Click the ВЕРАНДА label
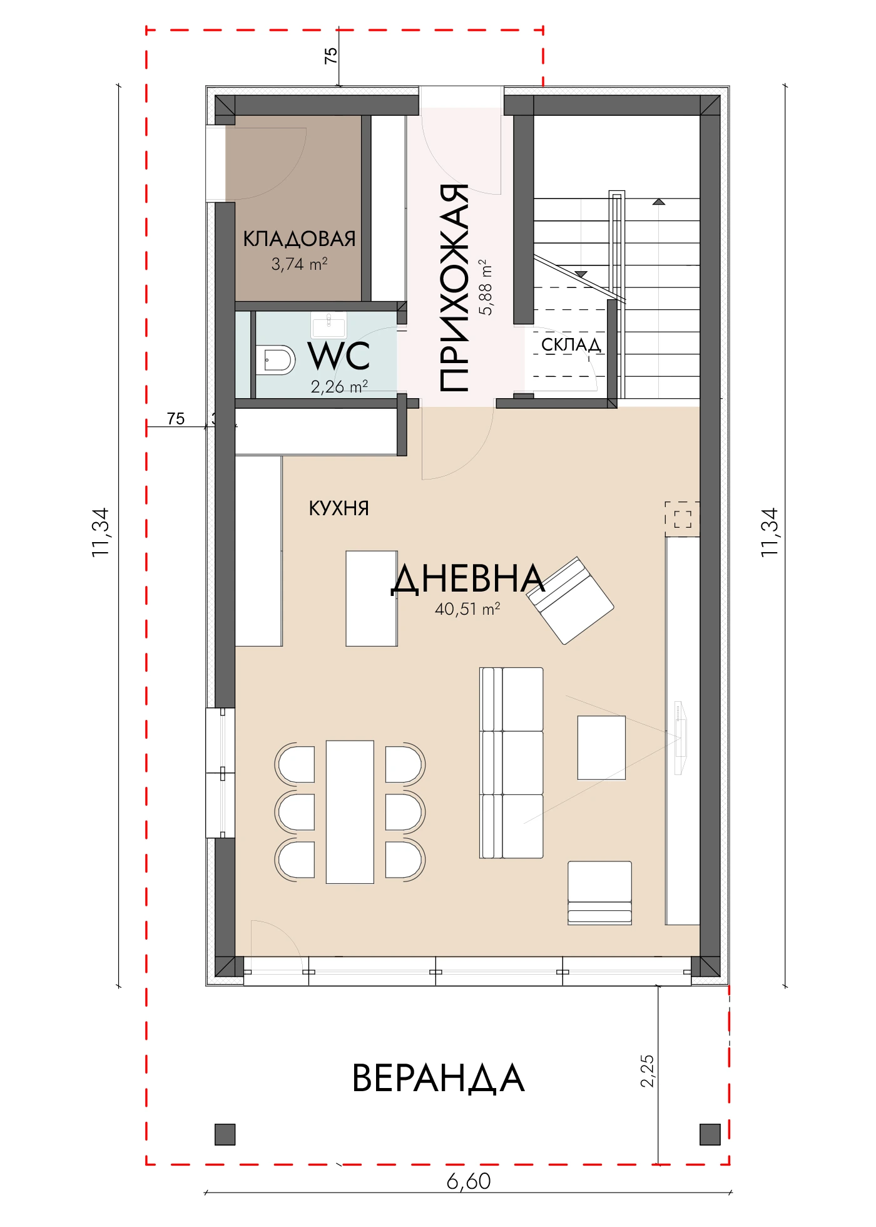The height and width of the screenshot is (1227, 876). pos(438,1078)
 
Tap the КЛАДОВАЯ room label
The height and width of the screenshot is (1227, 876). pos(299,239)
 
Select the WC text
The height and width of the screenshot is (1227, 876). pos(339,356)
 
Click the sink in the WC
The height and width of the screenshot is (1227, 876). pos(328,325)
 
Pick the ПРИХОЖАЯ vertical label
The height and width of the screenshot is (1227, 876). pos(454,288)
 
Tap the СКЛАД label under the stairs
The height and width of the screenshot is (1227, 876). pos(571,344)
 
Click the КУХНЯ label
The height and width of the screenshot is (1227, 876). pos(339,508)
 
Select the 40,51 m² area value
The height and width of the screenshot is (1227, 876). pos(467,608)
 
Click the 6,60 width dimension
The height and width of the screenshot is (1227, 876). pos(469,1181)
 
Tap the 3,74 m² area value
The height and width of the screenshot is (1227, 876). pos(299,264)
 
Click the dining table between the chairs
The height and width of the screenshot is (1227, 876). pos(350,812)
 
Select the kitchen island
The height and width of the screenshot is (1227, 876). pos(372,598)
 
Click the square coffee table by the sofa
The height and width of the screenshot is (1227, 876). pos(601,748)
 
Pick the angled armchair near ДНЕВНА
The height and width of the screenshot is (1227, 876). pos(570,600)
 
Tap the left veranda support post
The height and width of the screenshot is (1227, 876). pos(225,1134)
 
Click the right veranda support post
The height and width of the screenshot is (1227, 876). pos(710,1134)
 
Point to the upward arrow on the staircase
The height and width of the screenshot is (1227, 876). pos(658,202)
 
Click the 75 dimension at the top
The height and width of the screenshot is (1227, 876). pos(330,55)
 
